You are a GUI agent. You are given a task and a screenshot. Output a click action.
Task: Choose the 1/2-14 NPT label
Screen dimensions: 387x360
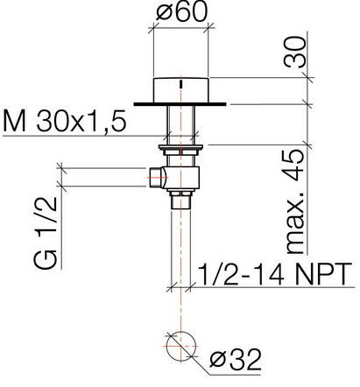pyautogui.click(x=276, y=274)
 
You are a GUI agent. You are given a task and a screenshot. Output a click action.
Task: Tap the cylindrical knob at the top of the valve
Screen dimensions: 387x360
pyautogui.click(x=180, y=90)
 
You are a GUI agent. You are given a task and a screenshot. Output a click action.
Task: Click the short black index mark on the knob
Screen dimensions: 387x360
pyautogui.click(x=181, y=85)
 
